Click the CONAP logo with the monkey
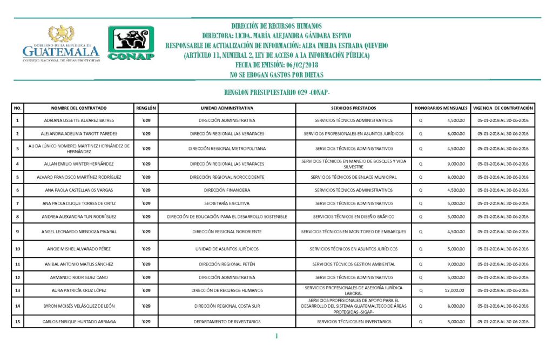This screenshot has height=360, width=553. tap(131, 43)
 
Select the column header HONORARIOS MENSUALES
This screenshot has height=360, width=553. tap(441, 108)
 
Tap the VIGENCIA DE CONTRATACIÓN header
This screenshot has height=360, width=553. tap(503, 108)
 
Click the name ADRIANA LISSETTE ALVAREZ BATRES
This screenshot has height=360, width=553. tap(79, 120)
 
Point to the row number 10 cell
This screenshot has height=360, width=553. tap(17, 249)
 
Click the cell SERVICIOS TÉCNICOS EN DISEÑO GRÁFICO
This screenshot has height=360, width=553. tap(354, 216)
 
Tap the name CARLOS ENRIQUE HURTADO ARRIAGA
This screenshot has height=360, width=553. tap(79, 322)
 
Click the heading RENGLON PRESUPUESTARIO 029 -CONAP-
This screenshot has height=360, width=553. tap(276, 92)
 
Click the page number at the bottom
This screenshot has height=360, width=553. tap(276, 337)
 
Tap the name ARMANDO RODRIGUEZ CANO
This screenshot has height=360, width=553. tap(79, 277)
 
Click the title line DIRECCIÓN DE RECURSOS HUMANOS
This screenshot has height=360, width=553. tap(276, 26)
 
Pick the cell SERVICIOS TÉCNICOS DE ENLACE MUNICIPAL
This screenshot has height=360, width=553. tap(354, 177)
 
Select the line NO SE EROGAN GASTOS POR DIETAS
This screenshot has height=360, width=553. tap(276, 74)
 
